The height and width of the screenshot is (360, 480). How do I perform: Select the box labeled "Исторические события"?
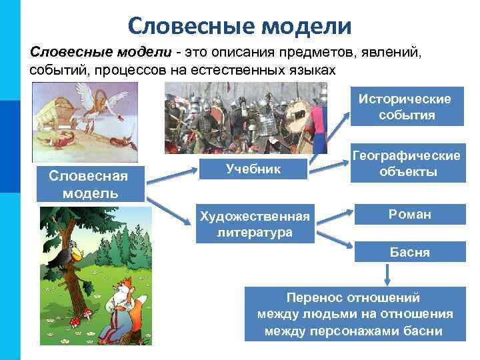tap(405, 107)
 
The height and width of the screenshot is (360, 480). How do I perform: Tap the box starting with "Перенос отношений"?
tap(355, 313)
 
